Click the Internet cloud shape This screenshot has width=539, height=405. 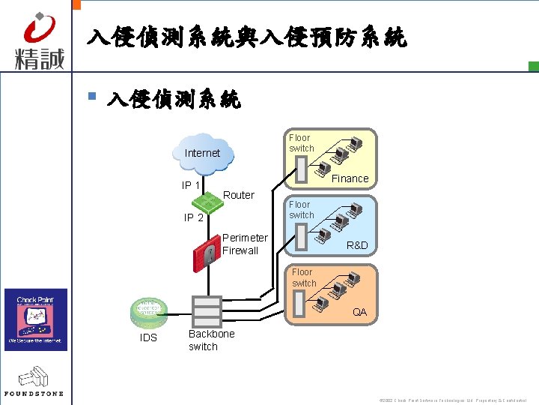point(203,153)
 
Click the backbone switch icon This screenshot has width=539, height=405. point(206,311)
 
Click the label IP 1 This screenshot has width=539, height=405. point(190,185)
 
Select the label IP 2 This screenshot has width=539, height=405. point(194,217)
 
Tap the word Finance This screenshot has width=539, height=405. point(350,178)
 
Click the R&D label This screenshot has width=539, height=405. point(356,245)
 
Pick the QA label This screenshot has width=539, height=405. point(360,312)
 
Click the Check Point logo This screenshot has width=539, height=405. point(36,319)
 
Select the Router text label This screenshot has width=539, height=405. point(239,195)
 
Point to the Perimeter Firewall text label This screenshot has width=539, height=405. point(244,244)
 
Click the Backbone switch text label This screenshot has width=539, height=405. point(211,340)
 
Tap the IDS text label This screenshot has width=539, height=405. point(148,337)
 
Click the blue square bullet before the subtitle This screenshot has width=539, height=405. point(91,96)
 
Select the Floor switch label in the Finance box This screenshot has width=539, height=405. point(301,143)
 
